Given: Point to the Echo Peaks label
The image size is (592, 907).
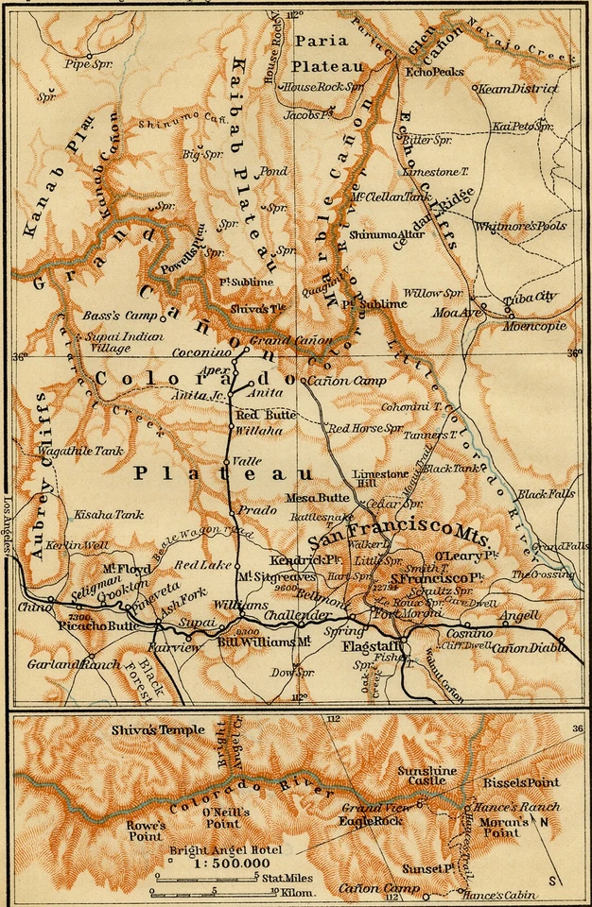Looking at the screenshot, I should click(x=430, y=71).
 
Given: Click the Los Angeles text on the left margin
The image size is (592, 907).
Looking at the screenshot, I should click(x=7, y=525).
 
